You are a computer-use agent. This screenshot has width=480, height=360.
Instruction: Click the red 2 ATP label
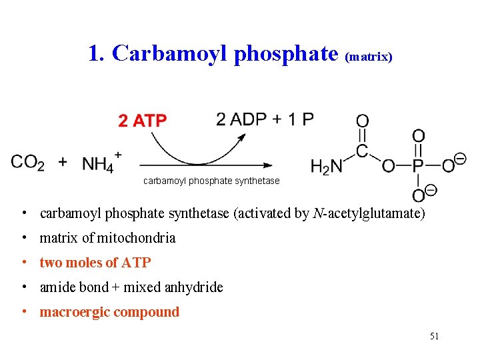tap(143, 121)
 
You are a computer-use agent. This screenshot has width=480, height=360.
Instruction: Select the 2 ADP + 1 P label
tap(265, 119)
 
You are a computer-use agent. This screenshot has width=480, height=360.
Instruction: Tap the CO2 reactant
tap(27, 162)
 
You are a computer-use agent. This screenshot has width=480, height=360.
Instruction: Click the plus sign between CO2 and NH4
tap(63, 162)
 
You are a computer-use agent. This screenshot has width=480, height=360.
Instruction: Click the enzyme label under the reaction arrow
tap(211, 181)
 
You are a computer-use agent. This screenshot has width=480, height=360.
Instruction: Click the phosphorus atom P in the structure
tap(418, 166)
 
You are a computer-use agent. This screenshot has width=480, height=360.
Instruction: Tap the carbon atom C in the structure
tap(362, 151)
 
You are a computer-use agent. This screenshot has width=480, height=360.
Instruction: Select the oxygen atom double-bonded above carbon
tap(362, 121)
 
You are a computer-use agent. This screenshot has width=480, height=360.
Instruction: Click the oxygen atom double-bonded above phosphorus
tap(418, 136)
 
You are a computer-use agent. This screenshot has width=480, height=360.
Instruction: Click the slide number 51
tap(434, 336)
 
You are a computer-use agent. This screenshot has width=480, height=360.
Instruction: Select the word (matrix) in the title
tap(369, 57)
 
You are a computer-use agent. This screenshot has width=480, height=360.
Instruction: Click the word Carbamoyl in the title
tap(171, 53)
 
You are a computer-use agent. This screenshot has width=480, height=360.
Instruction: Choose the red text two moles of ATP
tap(95, 263)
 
